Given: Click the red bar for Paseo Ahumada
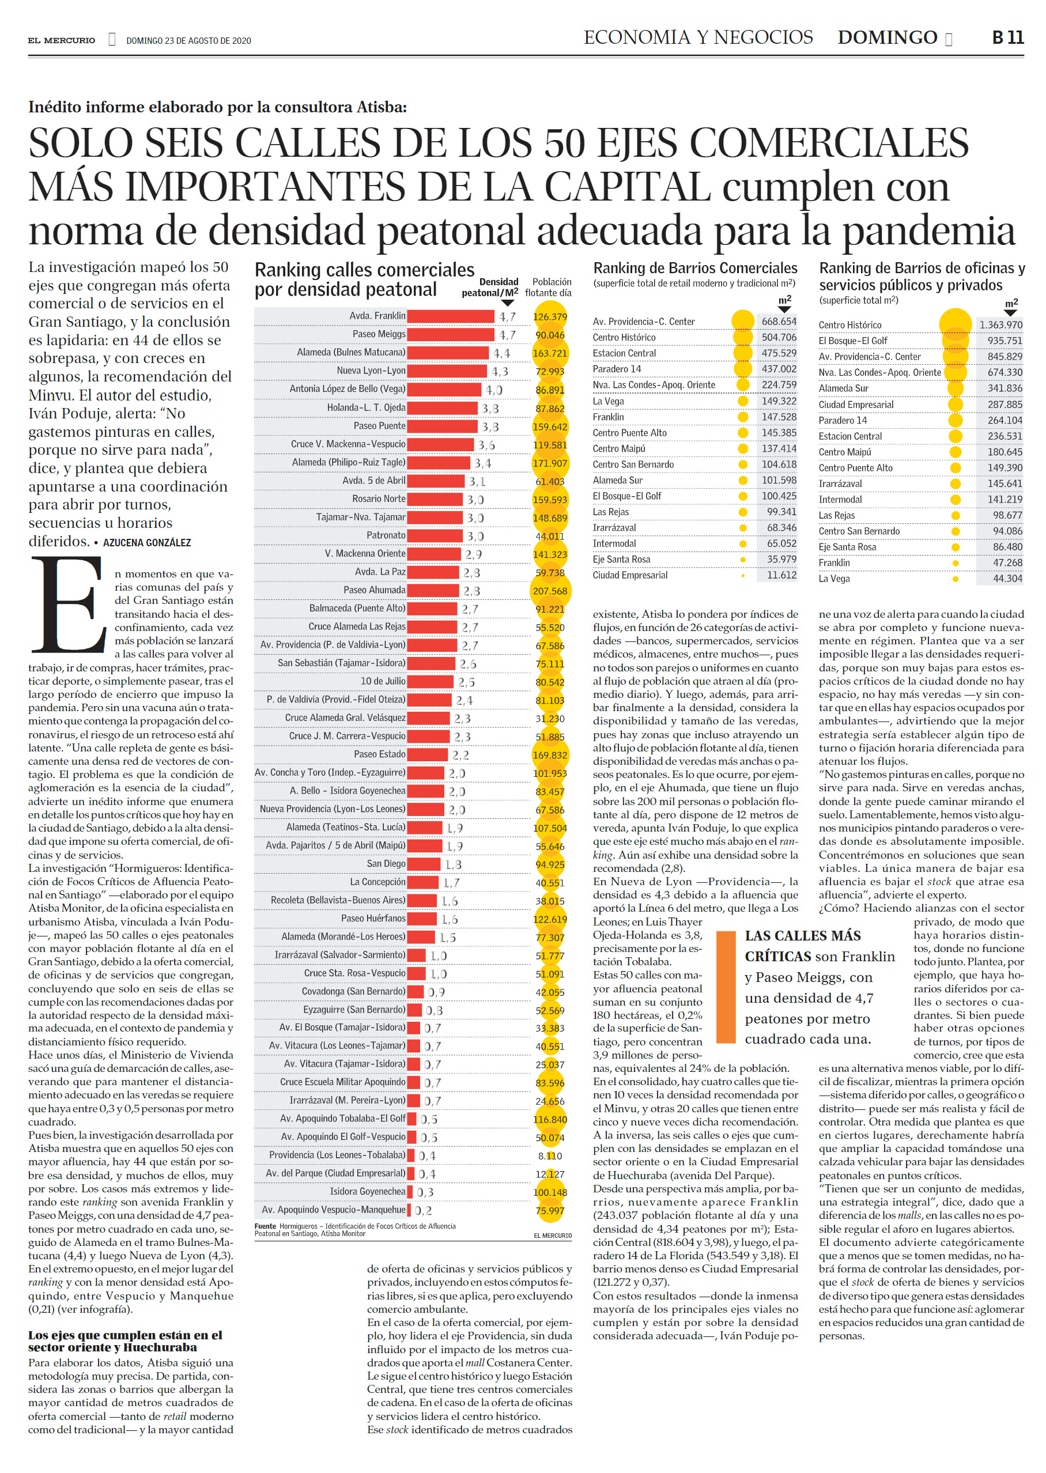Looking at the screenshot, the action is (434, 590).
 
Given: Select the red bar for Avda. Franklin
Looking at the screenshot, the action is (451, 316).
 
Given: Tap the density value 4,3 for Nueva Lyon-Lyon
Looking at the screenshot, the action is (500, 371).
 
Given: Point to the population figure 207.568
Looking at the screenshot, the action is (550, 591).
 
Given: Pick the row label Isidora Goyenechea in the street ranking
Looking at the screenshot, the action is (368, 1192).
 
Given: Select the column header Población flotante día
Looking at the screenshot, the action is (548, 287).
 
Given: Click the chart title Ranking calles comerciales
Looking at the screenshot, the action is (365, 270).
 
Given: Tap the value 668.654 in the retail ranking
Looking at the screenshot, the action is (779, 322).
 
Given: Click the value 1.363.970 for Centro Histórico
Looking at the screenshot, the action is (1000, 324).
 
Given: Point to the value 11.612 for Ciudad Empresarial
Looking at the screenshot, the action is (781, 575).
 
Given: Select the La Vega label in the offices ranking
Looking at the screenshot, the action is (834, 579).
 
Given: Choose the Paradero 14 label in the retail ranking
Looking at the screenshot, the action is (617, 369).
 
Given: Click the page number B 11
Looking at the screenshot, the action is (1008, 37).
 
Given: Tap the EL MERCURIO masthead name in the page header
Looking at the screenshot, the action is (61, 40).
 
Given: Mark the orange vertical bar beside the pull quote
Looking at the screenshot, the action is (726, 987).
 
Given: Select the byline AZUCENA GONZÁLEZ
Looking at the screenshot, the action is (147, 543).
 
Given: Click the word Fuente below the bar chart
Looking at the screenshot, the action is (265, 1226).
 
